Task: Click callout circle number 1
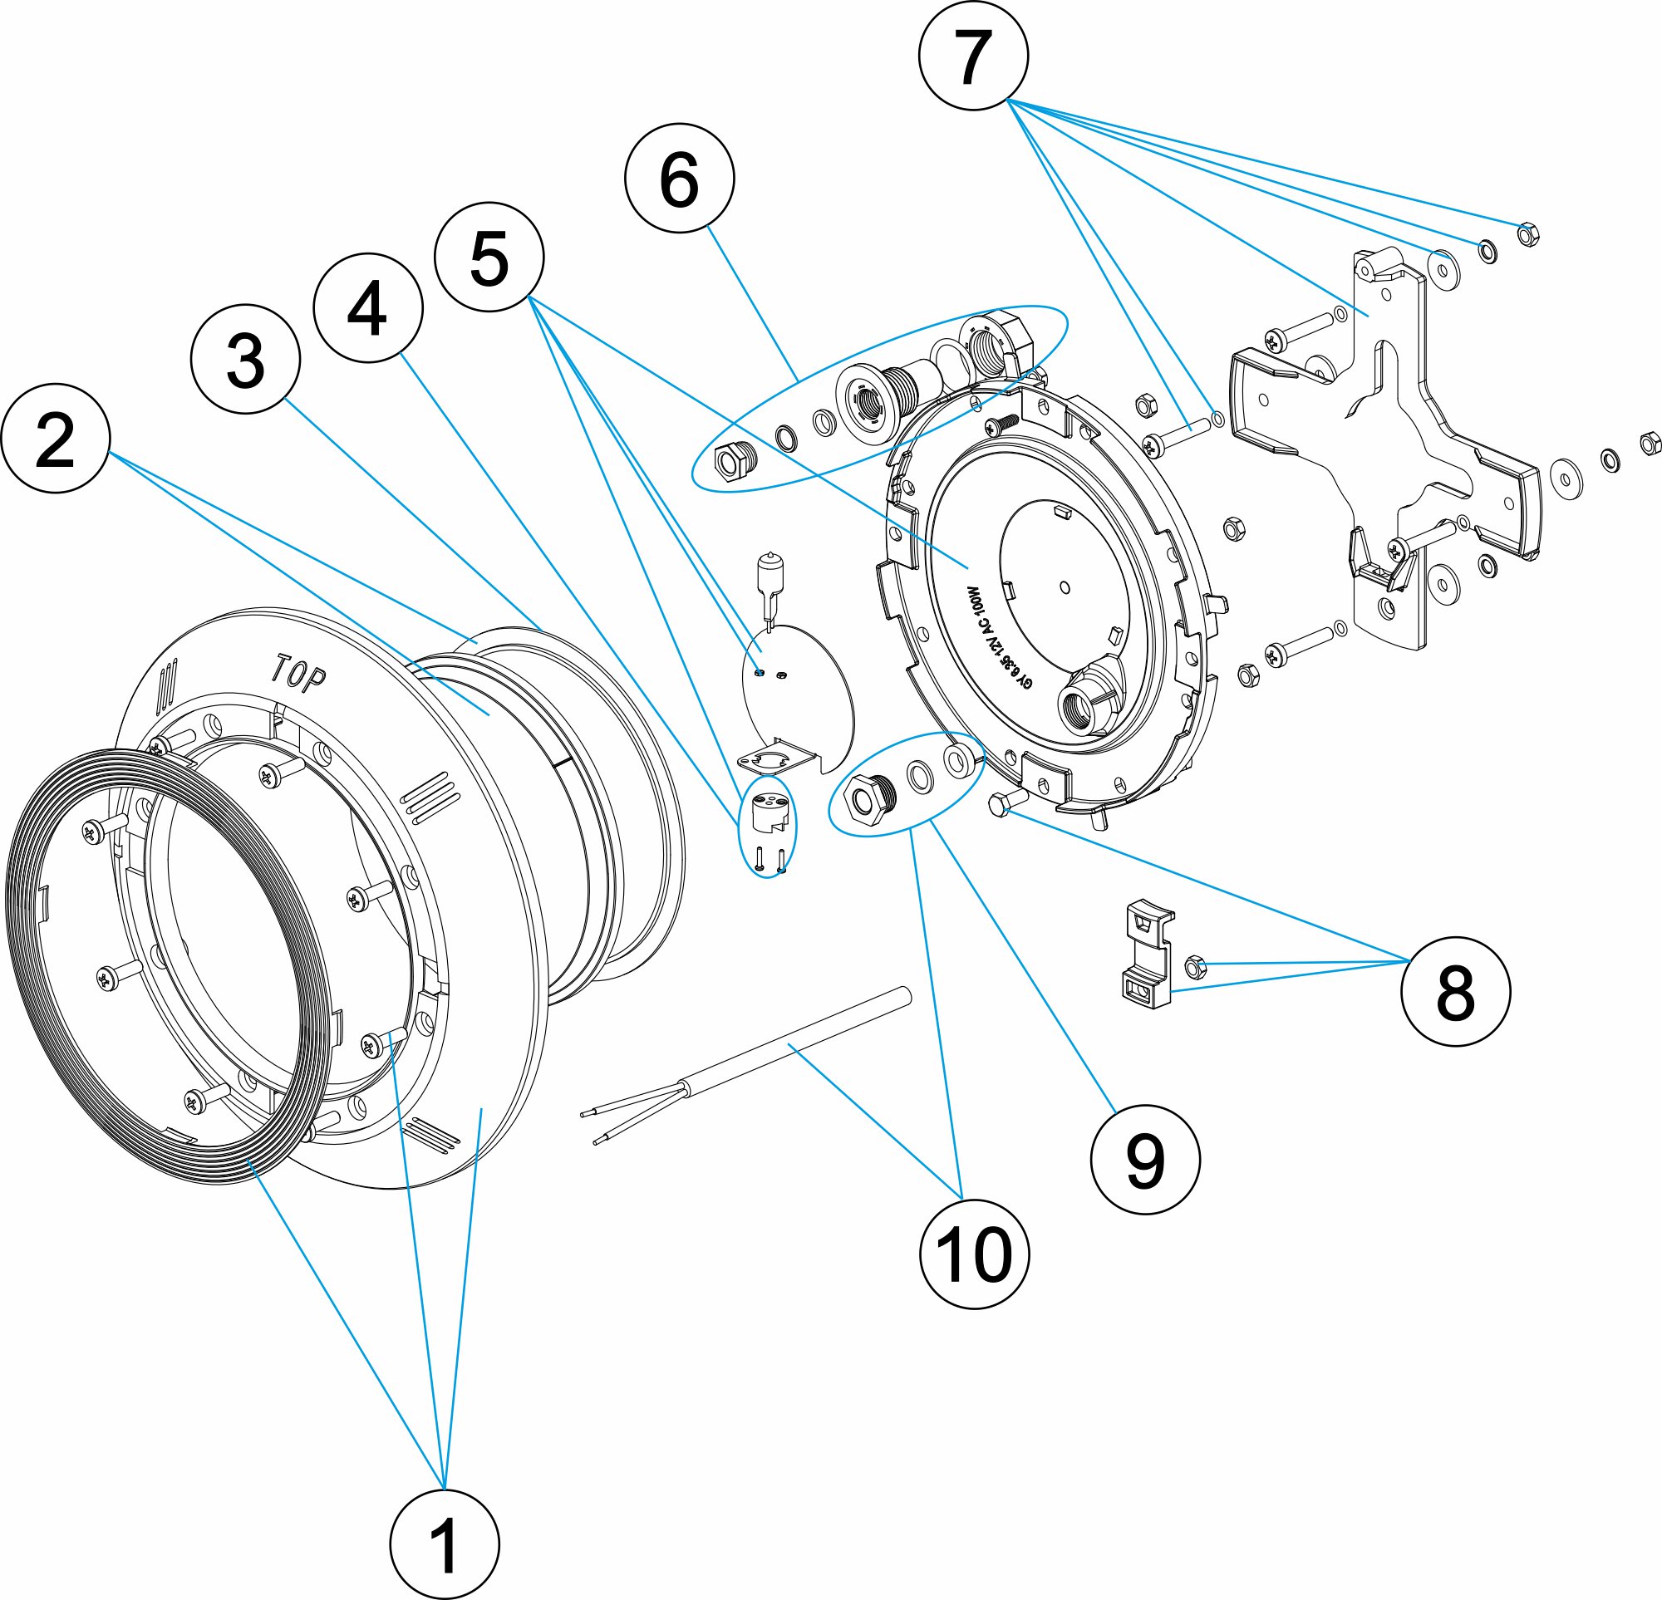pyautogui.click(x=445, y=1544)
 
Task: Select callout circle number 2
pyautogui.click(x=55, y=439)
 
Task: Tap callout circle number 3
pyautogui.click(x=245, y=359)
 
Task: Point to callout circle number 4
pyautogui.click(x=367, y=308)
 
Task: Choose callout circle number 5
pyautogui.click(x=489, y=257)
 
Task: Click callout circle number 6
pyautogui.click(x=678, y=178)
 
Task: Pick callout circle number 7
pyautogui.click(x=972, y=55)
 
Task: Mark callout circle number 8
pyautogui.click(x=1455, y=990)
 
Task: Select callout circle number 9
pyautogui.click(x=1145, y=1159)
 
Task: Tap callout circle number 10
pyautogui.click(x=974, y=1254)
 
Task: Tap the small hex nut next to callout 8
pyautogui.click(x=1194, y=966)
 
